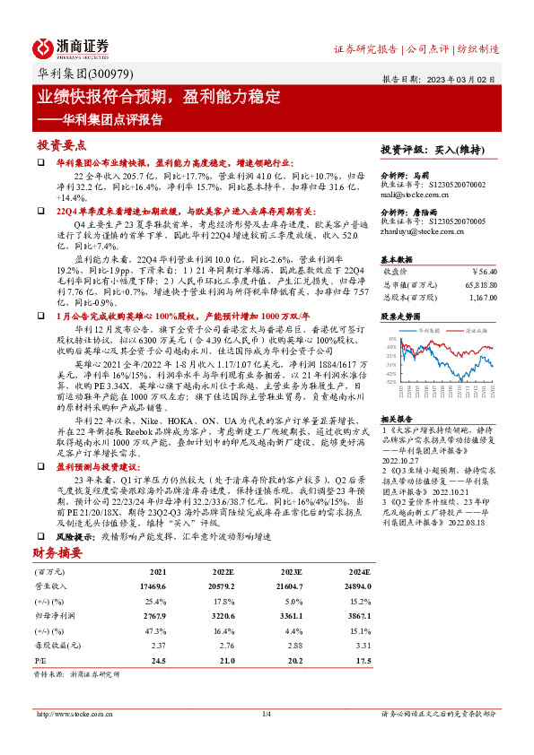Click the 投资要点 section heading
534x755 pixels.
62,144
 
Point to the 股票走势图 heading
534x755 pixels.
399,316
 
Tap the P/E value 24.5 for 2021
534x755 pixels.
159,659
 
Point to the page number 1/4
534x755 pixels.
266,714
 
